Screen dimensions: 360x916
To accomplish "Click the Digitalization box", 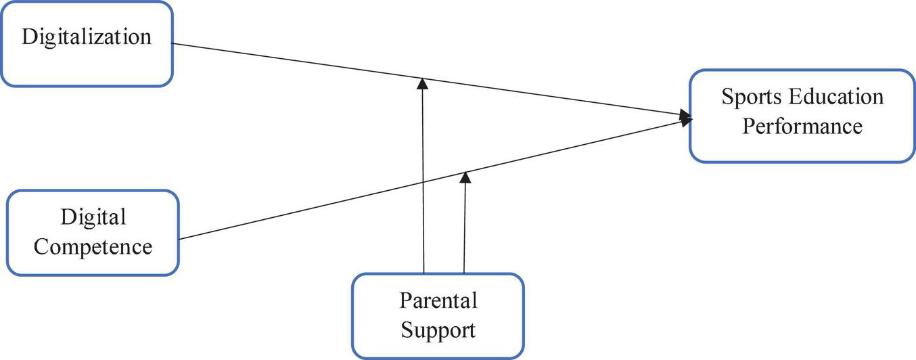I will [x=87, y=44].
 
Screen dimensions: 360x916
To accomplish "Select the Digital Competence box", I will [x=93, y=232].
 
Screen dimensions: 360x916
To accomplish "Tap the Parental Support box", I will [x=438, y=315].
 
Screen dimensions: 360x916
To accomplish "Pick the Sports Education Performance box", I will [x=802, y=115].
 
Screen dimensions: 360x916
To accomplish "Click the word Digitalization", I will [x=87, y=37].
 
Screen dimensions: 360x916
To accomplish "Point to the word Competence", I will [x=93, y=247].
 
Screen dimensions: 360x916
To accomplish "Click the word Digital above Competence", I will [x=93, y=217].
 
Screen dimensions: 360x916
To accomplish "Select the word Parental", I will [x=438, y=300].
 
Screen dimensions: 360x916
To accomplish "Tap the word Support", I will [x=438, y=330].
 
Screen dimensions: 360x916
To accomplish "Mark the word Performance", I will [x=802, y=127].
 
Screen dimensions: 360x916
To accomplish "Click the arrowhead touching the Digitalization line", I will [x=422, y=83].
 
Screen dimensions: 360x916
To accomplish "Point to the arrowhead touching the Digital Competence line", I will [x=465, y=177].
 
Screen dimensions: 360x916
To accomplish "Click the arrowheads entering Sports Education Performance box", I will [x=685, y=118].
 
